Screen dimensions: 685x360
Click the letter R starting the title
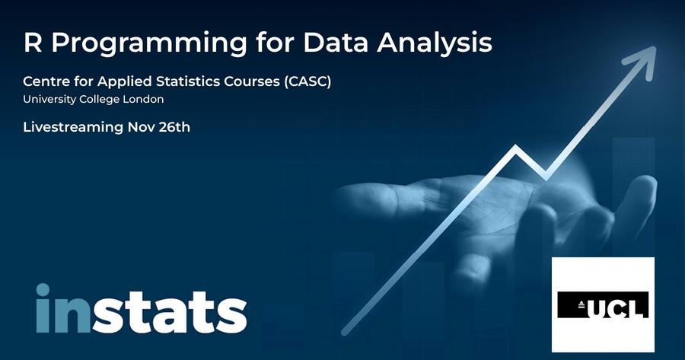pyautogui.click(x=33, y=43)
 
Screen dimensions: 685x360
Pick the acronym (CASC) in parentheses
pyautogui.click(x=307, y=81)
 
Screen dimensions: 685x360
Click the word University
pyautogui.click(x=49, y=100)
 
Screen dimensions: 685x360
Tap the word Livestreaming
pyautogui.click(x=73, y=127)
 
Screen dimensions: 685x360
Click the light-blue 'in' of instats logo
pyautogui.click(x=63, y=308)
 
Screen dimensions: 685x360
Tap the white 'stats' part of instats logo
pyautogui.click(x=169, y=312)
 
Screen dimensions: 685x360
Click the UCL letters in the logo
pyautogui.click(x=616, y=306)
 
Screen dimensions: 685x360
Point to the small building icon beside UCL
pyautogui.click(x=581, y=305)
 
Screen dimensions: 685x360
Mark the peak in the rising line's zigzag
pyautogui.click(x=516, y=147)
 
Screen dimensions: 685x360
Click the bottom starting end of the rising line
pyautogui.click(x=345, y=332)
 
